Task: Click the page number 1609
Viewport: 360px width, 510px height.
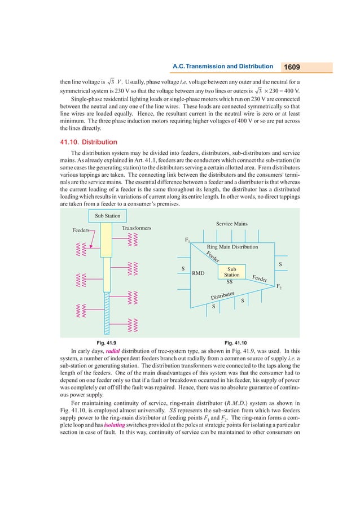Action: coord(292,67)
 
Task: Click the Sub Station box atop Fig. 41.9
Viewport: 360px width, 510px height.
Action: coord(107,216)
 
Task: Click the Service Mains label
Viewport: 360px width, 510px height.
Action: coord(231,224)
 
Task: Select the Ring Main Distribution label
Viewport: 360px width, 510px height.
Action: coord(232,247)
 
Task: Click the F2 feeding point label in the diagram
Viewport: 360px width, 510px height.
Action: coord(279,287)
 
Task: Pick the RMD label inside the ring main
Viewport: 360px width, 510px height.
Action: coord(198,273)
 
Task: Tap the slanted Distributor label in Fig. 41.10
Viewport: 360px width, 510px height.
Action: coord(222,295)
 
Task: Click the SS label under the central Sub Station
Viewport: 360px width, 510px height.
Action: coord(230,281)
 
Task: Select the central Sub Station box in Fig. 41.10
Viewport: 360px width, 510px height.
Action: coord(231,272)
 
